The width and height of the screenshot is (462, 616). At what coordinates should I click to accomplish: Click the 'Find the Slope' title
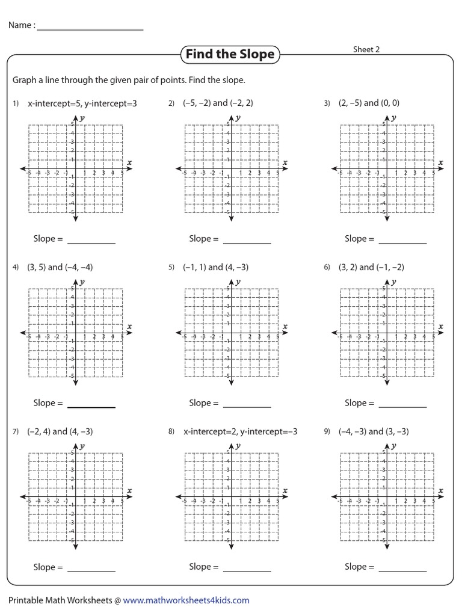230,55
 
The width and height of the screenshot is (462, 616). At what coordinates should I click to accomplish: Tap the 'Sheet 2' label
366,50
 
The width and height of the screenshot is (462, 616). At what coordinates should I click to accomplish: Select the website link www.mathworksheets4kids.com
186,600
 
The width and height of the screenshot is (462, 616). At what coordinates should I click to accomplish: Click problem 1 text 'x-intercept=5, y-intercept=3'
82,103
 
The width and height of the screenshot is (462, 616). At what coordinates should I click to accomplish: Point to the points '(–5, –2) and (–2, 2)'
218,103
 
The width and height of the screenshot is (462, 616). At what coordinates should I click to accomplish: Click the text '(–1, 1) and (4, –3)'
216,267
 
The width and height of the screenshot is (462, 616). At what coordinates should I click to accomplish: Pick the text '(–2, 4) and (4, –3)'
60,431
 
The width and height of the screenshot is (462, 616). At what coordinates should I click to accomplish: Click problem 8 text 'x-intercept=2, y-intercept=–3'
241,431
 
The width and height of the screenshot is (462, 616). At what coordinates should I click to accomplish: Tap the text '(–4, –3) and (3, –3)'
374,431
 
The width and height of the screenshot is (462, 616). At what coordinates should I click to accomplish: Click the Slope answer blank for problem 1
91,242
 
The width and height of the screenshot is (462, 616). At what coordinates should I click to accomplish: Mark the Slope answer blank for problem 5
247,407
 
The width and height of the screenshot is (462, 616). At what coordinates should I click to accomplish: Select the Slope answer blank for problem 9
402,570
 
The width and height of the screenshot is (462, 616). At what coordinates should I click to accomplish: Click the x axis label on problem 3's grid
441,162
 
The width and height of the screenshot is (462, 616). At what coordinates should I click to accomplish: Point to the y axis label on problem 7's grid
82,446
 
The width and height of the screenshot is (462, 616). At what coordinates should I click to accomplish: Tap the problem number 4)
16,268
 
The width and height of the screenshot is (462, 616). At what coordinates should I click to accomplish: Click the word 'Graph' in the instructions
25,80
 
